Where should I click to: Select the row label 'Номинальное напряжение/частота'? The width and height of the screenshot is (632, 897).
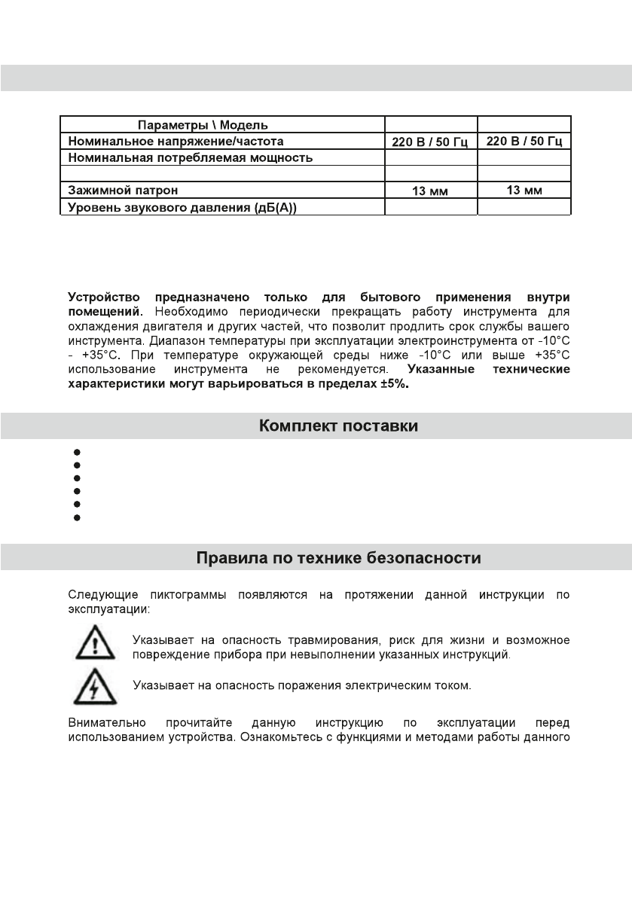pos(176,141)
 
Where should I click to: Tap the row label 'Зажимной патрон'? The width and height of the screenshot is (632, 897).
pos(124,191)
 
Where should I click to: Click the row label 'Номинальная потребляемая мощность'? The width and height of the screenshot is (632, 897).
pos(190,157)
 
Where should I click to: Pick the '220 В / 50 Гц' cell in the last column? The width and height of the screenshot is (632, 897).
pos(524,141)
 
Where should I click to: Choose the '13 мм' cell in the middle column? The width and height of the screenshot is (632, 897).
pos(430,191)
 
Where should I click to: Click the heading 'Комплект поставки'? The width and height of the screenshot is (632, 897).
pos(338,426)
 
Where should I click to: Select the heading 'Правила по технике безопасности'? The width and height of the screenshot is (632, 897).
pos(338,559)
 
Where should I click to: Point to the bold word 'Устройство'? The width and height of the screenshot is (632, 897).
pos(105,297)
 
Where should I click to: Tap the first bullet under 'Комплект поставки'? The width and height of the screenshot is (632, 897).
pos(77,452)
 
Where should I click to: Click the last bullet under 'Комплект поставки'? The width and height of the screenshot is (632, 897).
pos(77,518)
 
